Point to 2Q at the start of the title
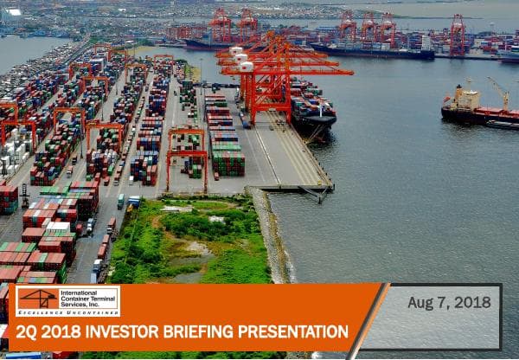27,331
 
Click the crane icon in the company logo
37,299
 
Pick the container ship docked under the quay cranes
311,111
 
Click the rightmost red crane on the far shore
457,35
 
